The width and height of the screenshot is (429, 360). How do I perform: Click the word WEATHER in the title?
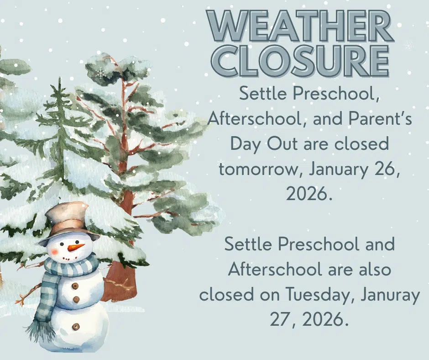[x=300, y=26]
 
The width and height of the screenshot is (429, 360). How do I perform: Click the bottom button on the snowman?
[x=76, y=327]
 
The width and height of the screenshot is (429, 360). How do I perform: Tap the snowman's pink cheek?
[x=54, y=251]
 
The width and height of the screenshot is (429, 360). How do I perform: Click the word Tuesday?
[x=318, y=295]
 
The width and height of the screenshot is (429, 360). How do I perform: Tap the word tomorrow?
[x=258, y=170]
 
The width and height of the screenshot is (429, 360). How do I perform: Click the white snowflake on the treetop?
[x=100, y=74]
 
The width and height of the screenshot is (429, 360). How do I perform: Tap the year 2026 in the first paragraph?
[x=306, y=194]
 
